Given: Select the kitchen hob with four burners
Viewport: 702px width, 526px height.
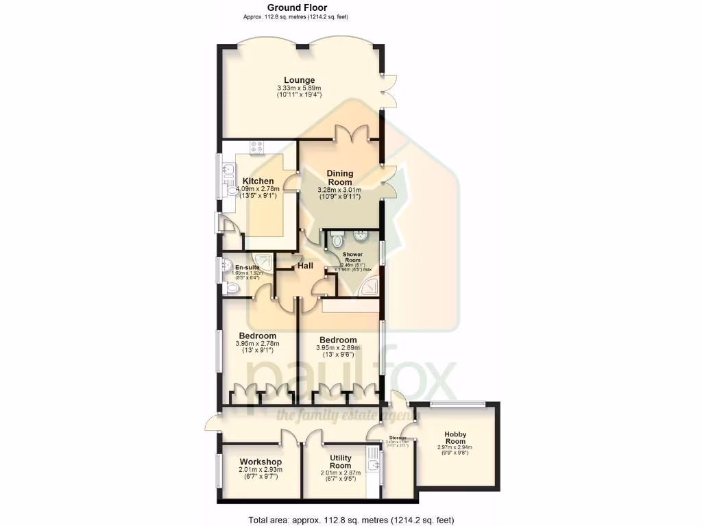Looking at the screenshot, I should (x=258, y=146).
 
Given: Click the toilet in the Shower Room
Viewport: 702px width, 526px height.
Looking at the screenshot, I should (x=337, y=239).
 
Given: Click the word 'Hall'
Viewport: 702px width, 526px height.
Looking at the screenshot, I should (x=306, y=266).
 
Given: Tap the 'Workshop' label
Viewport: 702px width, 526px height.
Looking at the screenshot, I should (x=261, y=462).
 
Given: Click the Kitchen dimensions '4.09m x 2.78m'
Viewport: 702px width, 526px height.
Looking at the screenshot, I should (x=257, y=188).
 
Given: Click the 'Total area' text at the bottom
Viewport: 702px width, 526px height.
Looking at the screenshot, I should (x=350, y=519).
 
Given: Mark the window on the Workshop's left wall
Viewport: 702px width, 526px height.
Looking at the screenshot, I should (x=219, y=473).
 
